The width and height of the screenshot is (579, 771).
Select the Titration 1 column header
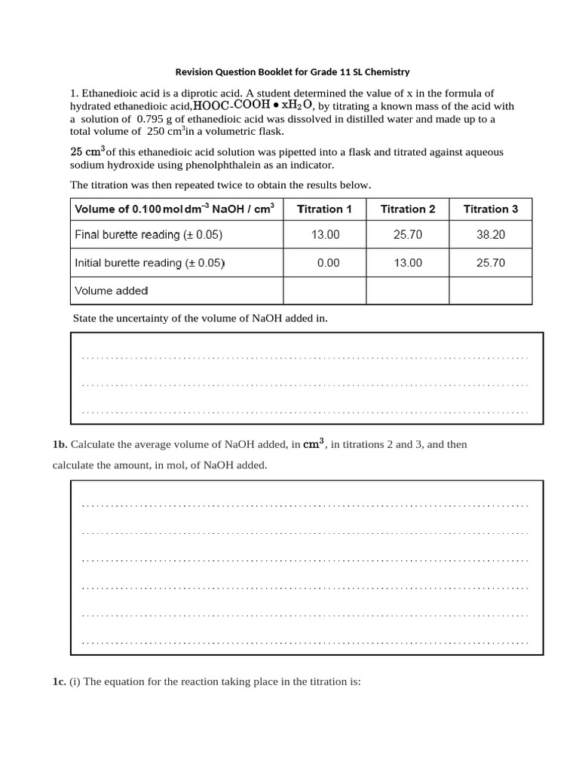324,209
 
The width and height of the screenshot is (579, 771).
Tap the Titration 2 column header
408,209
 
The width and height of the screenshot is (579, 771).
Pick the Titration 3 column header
491,209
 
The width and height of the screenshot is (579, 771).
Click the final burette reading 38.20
491,235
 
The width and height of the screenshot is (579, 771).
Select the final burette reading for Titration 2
408,235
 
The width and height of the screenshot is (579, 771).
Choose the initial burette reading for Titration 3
491,263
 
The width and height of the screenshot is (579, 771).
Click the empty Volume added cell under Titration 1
324,291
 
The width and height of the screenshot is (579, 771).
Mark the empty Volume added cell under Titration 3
491,291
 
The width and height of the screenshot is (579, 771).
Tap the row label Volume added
112,291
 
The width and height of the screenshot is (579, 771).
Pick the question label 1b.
60,444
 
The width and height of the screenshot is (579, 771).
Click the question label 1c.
60,682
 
